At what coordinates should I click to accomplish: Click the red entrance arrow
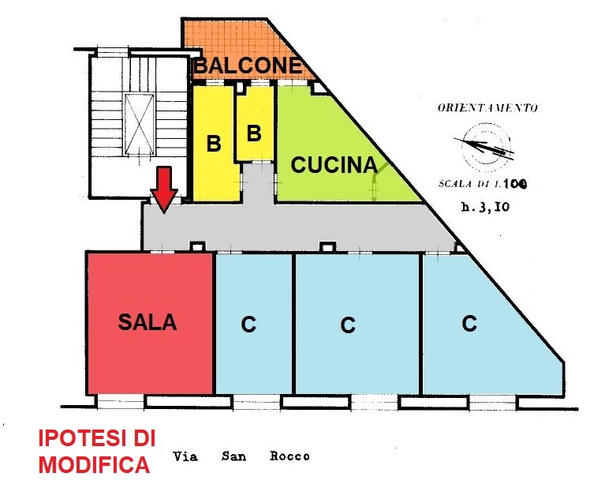(164, 190)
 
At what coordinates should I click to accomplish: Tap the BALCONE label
(248, 66)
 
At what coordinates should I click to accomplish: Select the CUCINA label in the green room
(334, 165)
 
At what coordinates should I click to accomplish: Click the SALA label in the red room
(147, 322)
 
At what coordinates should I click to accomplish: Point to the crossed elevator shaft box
(139, 124)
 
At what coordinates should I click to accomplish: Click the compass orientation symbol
(485, 147)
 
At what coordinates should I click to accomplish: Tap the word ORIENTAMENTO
(487, 107)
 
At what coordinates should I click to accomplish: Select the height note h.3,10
(485, 207)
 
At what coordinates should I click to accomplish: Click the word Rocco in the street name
(289, 456)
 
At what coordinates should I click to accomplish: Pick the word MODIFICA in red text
(94, 465)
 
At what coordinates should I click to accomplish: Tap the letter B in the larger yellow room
(214, 144)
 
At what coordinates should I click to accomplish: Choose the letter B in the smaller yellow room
(254, 133)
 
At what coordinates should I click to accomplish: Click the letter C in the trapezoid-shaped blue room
(469, 323)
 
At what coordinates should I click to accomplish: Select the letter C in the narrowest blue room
(248, 324)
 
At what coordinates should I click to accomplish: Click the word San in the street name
(233, 456)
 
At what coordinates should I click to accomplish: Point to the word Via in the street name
(185, 456)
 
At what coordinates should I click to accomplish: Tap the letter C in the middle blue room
(348, 325)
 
